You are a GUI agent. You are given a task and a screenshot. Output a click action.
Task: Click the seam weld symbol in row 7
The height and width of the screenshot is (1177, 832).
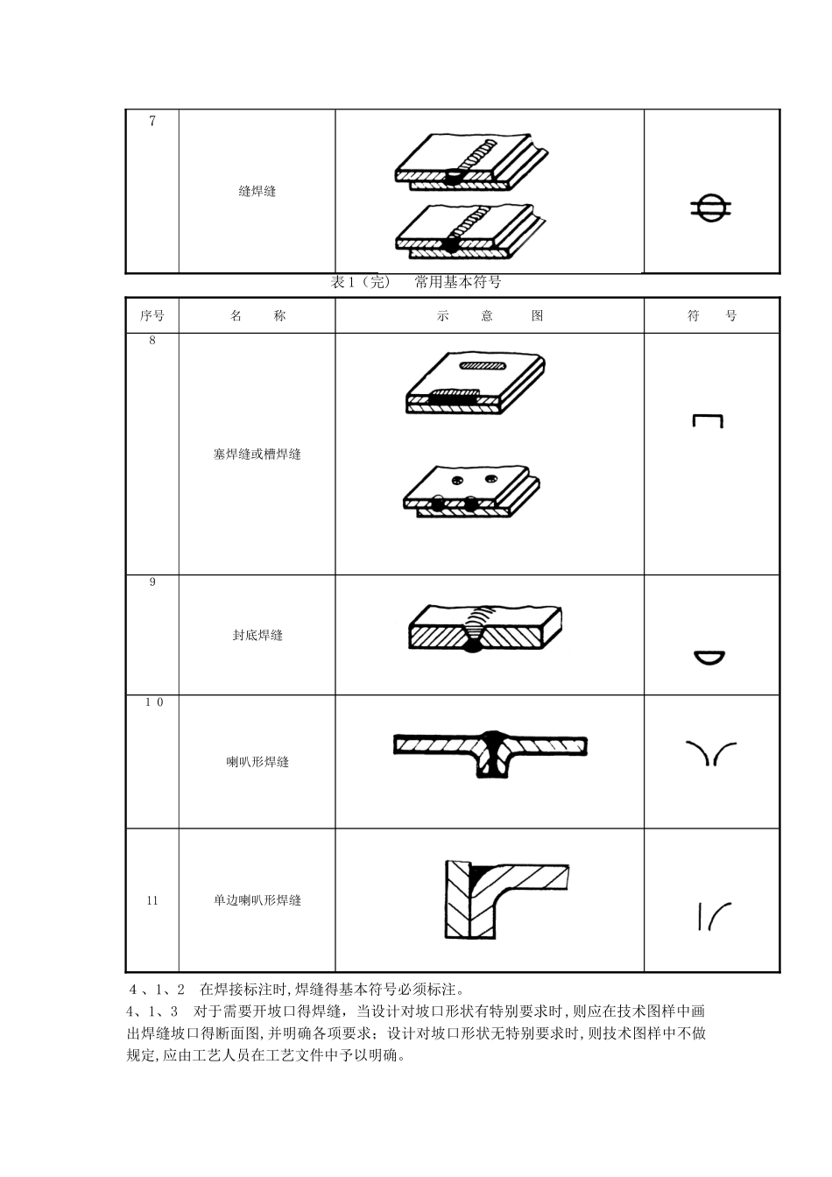(710, 208)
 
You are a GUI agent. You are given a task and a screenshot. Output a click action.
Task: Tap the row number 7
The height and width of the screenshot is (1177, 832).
(152, 122)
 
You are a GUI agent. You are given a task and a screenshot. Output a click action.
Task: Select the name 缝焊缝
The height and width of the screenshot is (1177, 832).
(257, 191)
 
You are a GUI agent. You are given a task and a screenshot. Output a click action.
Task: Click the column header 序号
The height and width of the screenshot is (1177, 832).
(152, 316)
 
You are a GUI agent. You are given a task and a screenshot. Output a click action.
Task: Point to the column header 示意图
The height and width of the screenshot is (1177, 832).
(490, 316)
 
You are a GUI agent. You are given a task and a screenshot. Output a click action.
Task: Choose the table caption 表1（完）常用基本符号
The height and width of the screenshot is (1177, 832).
(416, 282)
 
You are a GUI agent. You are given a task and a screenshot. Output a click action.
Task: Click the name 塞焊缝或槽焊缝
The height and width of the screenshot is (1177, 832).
(257, 455)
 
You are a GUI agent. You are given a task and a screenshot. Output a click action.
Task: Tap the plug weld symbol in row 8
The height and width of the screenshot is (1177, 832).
(708, 421)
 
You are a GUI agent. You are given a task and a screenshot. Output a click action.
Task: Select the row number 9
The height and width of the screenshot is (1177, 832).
(152, 582)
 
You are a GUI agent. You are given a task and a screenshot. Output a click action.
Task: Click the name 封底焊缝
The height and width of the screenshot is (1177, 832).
(257, 636)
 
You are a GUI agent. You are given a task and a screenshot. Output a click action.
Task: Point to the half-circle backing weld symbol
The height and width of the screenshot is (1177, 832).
(709, 659)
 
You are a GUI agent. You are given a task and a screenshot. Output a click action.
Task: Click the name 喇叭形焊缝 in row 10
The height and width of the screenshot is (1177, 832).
(257, 762)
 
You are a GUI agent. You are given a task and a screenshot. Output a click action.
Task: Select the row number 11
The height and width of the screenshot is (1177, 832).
(152, 900)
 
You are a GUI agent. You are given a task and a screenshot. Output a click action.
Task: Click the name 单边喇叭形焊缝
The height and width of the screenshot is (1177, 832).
(257, 900)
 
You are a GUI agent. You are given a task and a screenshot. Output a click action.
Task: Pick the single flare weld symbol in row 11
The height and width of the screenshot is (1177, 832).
(714, 915)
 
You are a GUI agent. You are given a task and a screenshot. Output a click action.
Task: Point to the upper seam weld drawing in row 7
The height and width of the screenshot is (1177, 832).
(471, 162)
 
